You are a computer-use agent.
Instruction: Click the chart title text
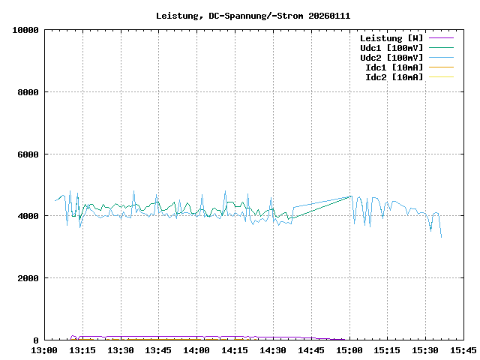[x=253, y=16]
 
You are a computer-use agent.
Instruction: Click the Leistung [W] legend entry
[x=391, y=38]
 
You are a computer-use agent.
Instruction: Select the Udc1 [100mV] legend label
[x=391, y=48]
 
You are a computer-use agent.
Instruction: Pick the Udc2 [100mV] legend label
[x=391, y=58]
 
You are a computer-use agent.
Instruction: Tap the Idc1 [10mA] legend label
[x=394, y=67]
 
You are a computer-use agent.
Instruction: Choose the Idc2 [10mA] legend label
[x=394, y=77]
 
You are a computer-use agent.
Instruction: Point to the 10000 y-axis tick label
[x=24, y=30]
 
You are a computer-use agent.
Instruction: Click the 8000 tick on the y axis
[x=27, y=92]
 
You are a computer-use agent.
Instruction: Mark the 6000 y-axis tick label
[x=27, y=154]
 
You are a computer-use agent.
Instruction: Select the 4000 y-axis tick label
[x=27, y=216]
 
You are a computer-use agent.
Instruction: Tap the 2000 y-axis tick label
[x=27, y=278]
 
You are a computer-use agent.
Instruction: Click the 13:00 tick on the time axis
[x=44, y=350]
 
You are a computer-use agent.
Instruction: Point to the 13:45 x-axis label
[x=159, y=350]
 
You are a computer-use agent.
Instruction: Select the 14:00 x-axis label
[x=197, y=350]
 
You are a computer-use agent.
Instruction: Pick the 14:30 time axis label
[x=273, y=350]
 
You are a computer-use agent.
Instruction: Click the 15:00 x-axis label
[x=349, y=350]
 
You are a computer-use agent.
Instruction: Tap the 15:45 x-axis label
[x=463, y=350]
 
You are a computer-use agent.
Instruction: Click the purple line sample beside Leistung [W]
[x=442, y=38]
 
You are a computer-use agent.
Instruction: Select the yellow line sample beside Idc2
[x=442, y=77]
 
